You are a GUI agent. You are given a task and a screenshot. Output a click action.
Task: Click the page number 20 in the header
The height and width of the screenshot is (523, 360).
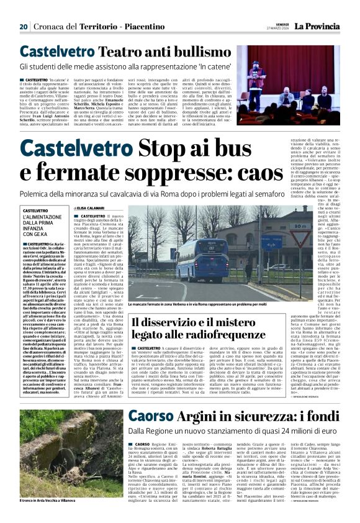23,27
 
